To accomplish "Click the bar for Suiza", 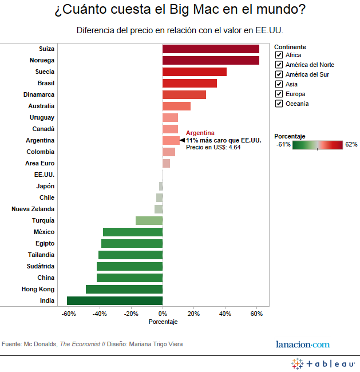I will pyautogui.click(x=211, y=49).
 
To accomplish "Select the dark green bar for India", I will pyautogui.click(x=114, y=301).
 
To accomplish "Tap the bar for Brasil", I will pyautogui.click(x=189, y=84).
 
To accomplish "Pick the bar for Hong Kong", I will pyautogui.click(x=124, y=290).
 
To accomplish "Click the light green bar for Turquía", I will pyautogui.click(x=149, y=221).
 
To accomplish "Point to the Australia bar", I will pyautogui.click(x=176, y=106).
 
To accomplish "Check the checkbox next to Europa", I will pyautogui.click(x=279, y=94).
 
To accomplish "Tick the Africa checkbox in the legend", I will pyautogui.click(x=279, y=55).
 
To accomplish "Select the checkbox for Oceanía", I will pyautogui.click(x=279, y=104).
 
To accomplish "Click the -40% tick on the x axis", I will pyautogui.click(x=100, y=314).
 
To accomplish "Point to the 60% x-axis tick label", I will pyautogui.click(x=256, y=314).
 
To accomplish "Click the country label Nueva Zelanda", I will pyautogui.click(x=33, y=209).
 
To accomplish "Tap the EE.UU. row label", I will pyautogui.click(x=44, y=175).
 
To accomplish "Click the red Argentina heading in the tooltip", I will pyautogui.click(x=200, y=133).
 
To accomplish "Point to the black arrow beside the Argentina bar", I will pyautogui.click(x=182, y=140).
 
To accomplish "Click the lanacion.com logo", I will pyautogui.click(x=303, y=344).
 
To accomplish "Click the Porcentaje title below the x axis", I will pyautogui.click(x=163, y=322).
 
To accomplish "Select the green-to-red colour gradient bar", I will pyautogui.click(x=318, y=145).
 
